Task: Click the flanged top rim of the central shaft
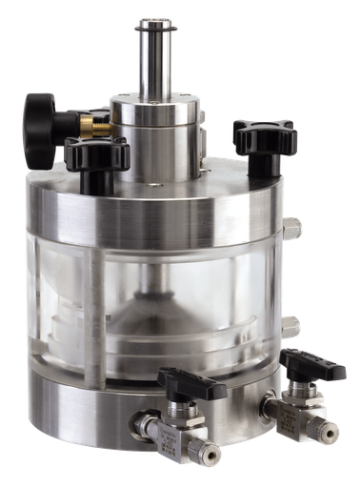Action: tap(153, 21)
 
